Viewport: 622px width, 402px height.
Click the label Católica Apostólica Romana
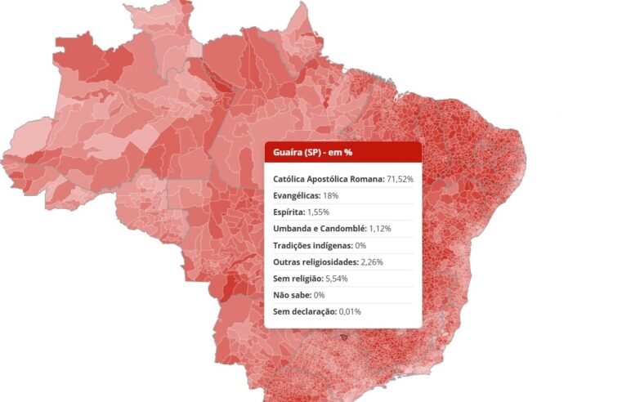[x=328, y=179]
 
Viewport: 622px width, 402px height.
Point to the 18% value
[x=330, y=196]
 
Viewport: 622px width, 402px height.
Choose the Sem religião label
[x=298, y=279]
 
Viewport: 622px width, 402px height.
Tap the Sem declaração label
[x=305, y=311]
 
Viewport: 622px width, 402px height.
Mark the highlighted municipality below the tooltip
[x=344, y=336]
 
